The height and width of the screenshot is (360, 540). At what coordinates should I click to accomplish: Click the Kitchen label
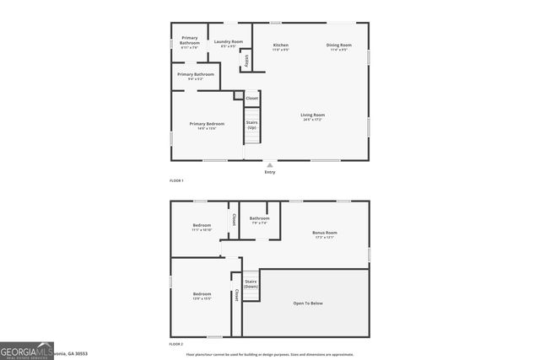click(x=281, y=45)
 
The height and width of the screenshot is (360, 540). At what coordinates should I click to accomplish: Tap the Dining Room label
click(x=339, y=45)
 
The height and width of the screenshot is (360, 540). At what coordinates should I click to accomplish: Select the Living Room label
click(x=313, y=115)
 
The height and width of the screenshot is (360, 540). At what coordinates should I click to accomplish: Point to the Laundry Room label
click(x=228, y=41)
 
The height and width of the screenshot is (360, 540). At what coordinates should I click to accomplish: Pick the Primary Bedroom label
click(x=207, y=124)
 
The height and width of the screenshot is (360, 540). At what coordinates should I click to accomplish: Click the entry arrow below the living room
click(x=270, y=165)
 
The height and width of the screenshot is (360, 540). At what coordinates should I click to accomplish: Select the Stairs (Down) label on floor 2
click(x=251, y=283)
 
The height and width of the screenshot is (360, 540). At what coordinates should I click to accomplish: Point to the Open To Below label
click(x=307, y=303)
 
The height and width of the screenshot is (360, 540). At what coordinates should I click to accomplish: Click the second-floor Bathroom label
click(x=259, y=218)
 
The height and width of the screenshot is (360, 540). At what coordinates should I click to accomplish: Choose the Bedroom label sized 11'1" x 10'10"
click(x=202, y=225)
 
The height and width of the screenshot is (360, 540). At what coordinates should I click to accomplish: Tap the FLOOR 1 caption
click(x=176, y=181)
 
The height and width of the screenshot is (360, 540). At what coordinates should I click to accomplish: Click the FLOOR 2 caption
click(x=176, y=344)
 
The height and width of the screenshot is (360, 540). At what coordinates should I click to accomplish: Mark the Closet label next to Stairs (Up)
click(x=251, y=99)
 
